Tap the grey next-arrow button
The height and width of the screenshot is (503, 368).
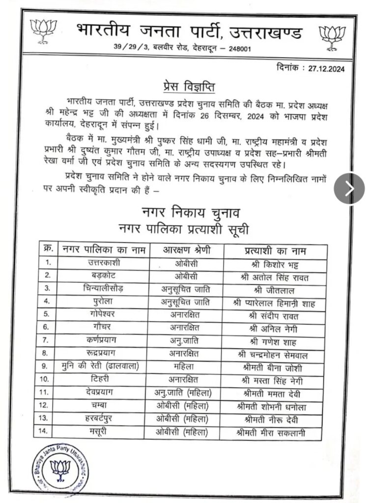(349, 188)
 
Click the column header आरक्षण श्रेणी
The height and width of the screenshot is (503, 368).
(187, 250)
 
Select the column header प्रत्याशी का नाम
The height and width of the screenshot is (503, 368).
(275, 251)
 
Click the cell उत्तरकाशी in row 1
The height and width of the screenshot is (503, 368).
(104, 263)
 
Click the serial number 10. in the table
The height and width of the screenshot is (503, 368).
(47, 380)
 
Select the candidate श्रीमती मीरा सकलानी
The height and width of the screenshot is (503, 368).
(275, 433)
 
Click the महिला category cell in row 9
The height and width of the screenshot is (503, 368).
(187, 367)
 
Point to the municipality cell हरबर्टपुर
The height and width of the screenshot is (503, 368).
(104, 419)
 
